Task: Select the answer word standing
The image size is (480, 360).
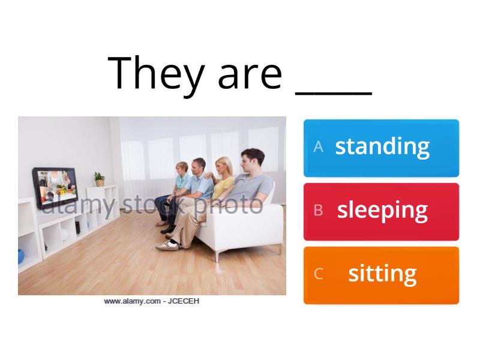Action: (x=382, y=146)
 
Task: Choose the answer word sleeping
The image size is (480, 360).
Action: (x=382, y=211)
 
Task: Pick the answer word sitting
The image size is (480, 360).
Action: (x=382, y=274)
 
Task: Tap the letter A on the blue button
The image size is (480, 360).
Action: (x=319, y=147)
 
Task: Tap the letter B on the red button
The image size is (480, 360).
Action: (x=319, y=211)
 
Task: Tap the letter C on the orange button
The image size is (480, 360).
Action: (x=319, y=274)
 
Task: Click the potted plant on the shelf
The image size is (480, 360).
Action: (x=99, y=179)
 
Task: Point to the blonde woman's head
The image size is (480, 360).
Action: (x=224, y=167)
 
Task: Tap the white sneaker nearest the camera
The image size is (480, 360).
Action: (x=167, y=245)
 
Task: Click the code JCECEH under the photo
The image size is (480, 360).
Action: (x=183, y=301)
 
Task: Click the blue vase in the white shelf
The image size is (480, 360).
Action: (x=22, y=257)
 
